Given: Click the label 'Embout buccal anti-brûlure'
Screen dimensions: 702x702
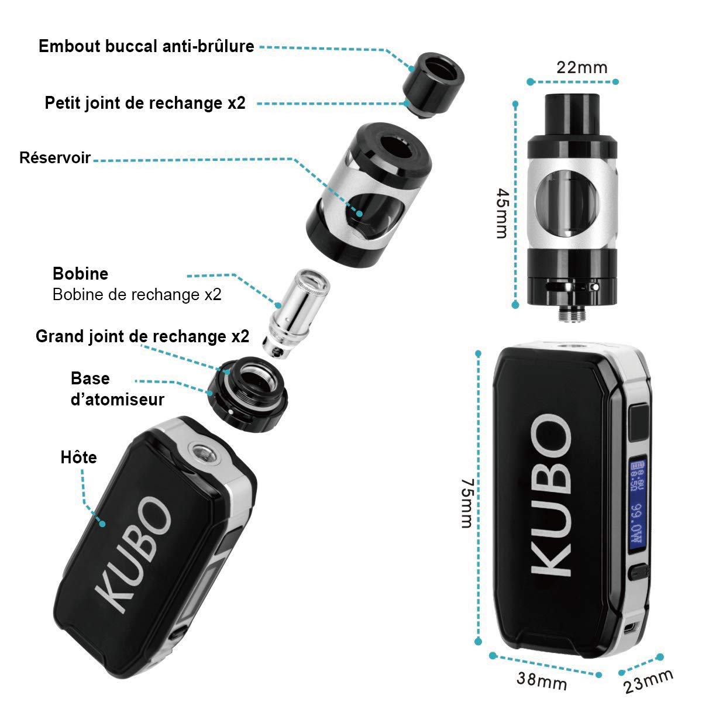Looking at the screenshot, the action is coord(146,46).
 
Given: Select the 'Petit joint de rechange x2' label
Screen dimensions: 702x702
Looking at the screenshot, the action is coord(145,103).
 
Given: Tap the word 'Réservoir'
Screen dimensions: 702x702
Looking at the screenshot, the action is coord(55,158).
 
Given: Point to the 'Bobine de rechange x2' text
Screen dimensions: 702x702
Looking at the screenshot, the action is coord(137,294).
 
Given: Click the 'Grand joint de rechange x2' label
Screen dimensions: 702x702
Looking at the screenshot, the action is coord(142,336).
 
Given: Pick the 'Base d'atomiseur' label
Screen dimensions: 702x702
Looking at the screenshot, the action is coord(118,389).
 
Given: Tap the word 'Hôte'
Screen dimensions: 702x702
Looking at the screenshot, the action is coord(79,457).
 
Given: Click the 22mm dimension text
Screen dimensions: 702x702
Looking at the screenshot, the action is coord(581,68).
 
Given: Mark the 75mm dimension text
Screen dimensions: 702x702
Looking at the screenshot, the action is coord(467,504).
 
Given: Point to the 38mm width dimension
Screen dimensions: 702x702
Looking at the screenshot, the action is coord(542,680).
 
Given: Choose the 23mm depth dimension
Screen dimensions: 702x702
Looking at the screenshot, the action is coord(648,682).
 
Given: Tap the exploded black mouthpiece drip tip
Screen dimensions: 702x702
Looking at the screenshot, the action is coord(433,85).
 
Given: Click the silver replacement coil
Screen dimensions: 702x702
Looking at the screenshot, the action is coord(296,314).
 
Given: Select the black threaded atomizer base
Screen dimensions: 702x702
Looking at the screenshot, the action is coord(247,394).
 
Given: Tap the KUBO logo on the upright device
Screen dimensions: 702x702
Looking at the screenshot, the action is coord(551,495).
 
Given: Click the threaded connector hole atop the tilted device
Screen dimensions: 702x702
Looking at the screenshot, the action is coord(203,453).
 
